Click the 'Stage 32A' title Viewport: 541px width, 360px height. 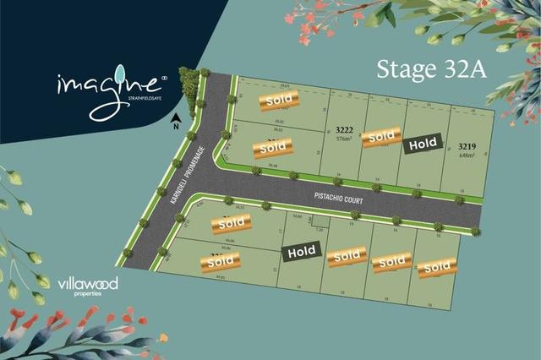tap(431, 68)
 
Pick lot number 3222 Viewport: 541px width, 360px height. tap(343, 129)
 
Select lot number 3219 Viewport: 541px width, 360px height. tap(467, 146)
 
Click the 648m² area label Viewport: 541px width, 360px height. tap(467, 155)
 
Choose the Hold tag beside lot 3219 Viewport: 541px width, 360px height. tap(422, 145)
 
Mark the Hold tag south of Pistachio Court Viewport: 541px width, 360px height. tap(302, 251)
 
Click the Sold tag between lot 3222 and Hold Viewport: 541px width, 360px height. tap(381, 136)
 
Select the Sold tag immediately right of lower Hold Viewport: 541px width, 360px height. tap(347, 256)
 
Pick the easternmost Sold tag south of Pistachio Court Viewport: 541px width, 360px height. tap(437, 267)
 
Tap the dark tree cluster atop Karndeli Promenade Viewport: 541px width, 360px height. tap(189, 85)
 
